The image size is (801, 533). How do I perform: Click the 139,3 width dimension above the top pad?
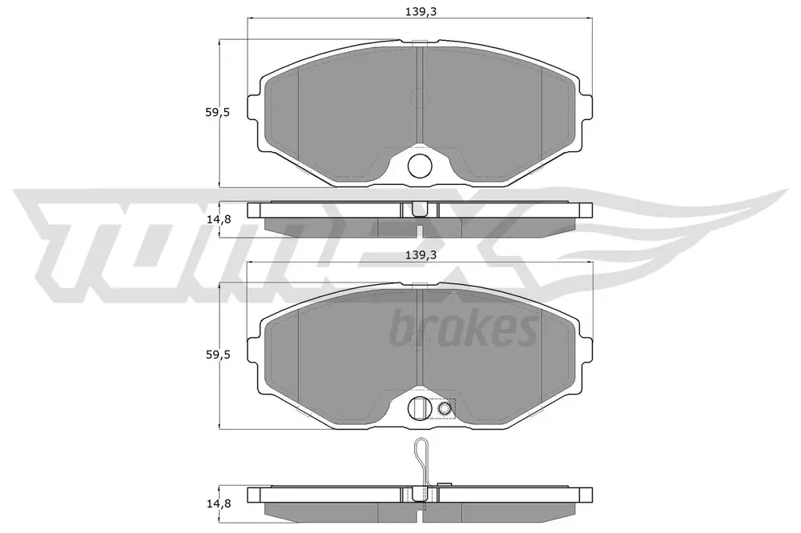pos(421,12)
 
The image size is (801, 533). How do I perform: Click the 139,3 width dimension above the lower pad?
pos(421,255)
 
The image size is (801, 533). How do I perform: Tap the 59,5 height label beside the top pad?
pos(218,112)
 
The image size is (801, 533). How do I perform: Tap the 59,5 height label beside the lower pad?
pos(218,355)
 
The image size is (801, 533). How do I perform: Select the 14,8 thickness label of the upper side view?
pos(219,220)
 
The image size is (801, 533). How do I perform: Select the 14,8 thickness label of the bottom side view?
pos(219,504)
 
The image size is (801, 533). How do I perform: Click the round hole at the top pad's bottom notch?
pos(420,166)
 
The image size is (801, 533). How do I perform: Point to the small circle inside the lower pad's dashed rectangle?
pos(445,407)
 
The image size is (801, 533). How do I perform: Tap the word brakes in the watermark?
pos(463,327)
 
